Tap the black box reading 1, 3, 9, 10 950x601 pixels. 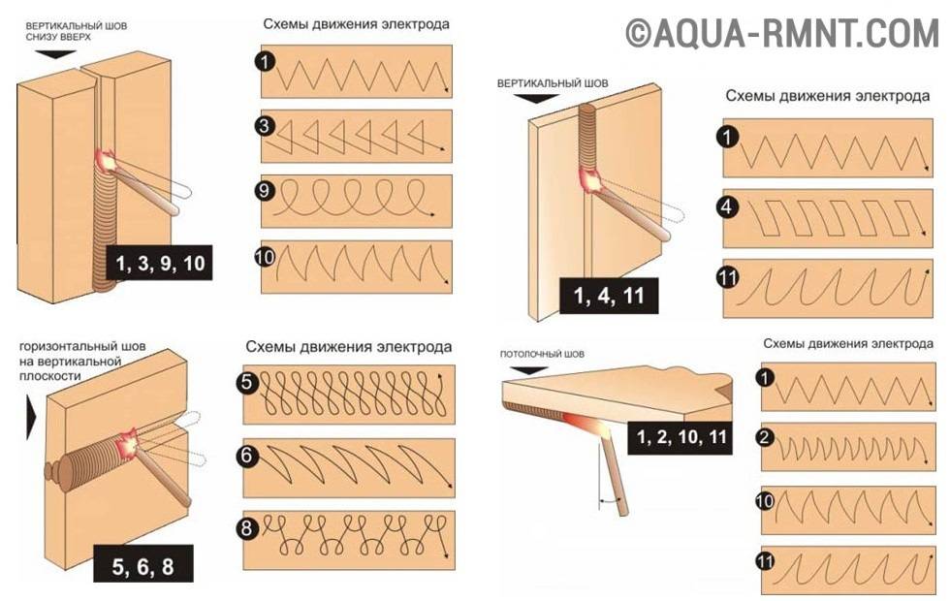pyautogui.click(x=160, y=263)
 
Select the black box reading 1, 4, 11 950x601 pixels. pyautogui.click(x=609, y=296)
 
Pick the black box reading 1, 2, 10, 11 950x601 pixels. pyautogui.click(x=681, y=436)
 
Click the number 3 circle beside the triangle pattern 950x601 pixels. pyautogui.click(x=265, y=126)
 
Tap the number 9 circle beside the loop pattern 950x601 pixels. pyautogui.click(x=265, y=191)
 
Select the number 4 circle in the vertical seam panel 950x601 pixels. pyautogui.click(x=727, y=207)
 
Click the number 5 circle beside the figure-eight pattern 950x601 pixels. pyautogui.click(x=247, y=383)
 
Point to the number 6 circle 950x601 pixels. pyautogui.click(x=246, y=455)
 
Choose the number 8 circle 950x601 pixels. pyautogui.click(x=246, y=527)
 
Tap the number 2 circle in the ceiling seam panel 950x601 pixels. pyautogui.click(x=765, y=437)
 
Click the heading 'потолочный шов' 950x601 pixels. pyautogui.click(x=542, y=354)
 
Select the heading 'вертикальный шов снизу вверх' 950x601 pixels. pyautogui.click(x=77, y=31)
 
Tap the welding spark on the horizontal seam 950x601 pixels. pyautogui.click(x=130, y=445)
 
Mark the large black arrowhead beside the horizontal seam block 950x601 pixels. pyautogui.click(x=31, y=418)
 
